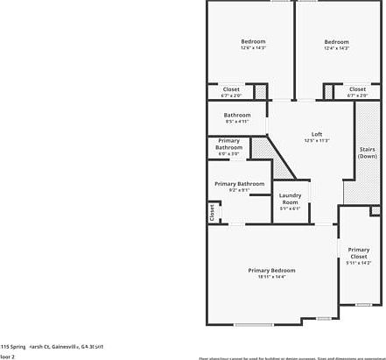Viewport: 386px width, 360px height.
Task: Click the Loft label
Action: click(317, 134)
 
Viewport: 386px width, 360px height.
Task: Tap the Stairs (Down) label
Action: click(368, 152)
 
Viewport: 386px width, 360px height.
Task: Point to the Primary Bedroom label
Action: click(271, 270)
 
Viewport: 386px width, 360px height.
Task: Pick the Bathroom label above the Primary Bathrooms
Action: click(237, 115)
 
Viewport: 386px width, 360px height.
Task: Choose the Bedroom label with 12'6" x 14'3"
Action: click(254, 41)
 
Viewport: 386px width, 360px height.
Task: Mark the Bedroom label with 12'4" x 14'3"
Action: click(337, 41)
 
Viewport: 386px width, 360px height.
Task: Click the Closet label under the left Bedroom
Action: click(231, 88)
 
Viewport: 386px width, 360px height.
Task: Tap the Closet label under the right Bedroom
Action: click(357, 88)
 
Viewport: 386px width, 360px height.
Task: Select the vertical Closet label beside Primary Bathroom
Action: click(212, 212)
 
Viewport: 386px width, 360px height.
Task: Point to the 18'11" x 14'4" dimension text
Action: click(271, 277)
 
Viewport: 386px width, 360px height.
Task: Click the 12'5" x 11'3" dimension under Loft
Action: click(317, 140)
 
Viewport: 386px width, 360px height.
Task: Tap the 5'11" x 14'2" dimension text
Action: click(359, 262)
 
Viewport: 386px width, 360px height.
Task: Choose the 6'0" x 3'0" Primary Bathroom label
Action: click(228, 145)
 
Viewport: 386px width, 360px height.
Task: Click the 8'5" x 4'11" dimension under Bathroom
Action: click(237, 122)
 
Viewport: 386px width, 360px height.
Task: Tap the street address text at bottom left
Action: click(52, 347)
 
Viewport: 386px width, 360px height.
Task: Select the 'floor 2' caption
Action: click(8, 356)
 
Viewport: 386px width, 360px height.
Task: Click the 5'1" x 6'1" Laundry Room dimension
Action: click(291, 208)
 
